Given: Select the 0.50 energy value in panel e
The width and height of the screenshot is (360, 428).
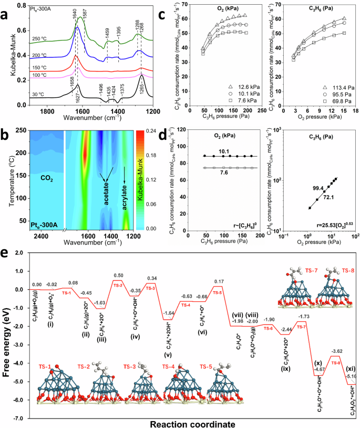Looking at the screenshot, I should (x=119, y=276).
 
